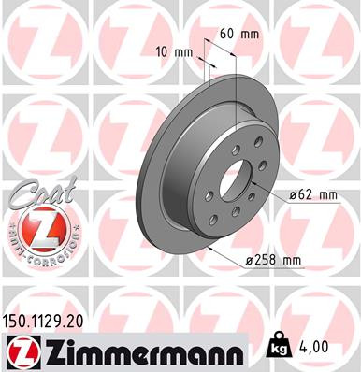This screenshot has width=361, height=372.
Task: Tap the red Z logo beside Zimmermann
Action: [20, 351]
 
